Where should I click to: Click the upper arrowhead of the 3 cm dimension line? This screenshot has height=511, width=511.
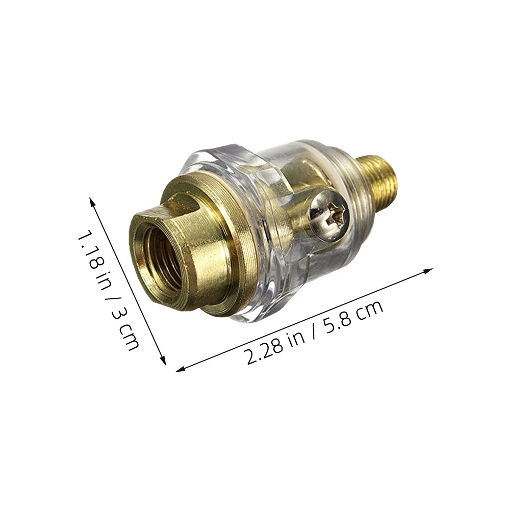coord(92,199)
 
